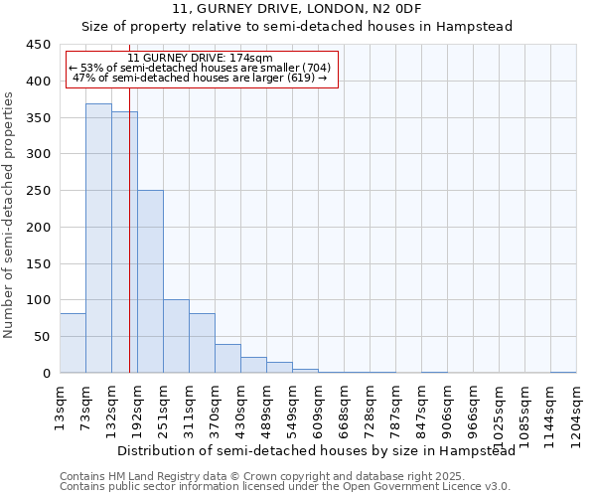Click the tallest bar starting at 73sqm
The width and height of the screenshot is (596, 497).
pos(98,239)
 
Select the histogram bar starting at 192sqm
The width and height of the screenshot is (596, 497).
pos(150,281)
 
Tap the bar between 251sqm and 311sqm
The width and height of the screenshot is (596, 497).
pos(176,336)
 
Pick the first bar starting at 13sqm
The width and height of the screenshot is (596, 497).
pos(73,343)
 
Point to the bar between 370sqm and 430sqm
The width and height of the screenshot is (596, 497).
pos(227,359)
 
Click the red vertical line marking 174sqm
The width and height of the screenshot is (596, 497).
pos(129,248)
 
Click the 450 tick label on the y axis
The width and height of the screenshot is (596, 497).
pos(39,45)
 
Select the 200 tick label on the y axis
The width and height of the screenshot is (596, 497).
pos(39,228)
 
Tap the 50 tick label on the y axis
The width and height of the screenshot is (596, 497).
pos(43,337)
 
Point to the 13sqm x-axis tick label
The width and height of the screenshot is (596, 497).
pos(61,407)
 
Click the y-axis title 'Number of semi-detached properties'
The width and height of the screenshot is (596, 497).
pos(9,215)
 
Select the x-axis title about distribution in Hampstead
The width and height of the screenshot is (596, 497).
pos(316,451)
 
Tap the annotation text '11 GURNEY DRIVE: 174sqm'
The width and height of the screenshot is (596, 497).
pos(201,58)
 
